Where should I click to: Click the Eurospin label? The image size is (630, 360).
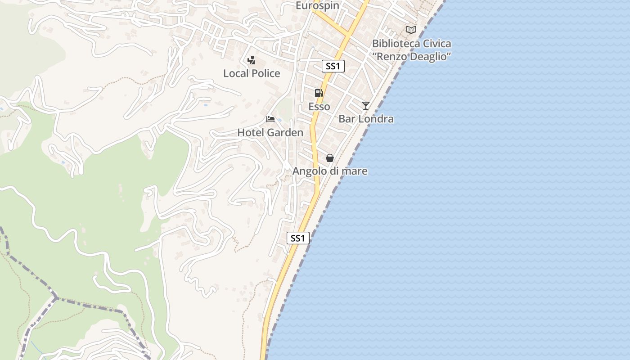pos(317,5)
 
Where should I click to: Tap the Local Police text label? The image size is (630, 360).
pos(252,73)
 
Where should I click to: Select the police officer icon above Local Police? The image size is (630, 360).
pos(252,60)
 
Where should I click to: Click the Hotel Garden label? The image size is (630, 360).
pos(270,133)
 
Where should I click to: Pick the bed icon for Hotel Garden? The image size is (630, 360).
pos(270,119)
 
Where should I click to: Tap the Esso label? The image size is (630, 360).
pos(319,107)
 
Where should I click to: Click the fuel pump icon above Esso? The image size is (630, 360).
pos(319,93)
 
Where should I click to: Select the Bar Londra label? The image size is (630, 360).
pos(366,119)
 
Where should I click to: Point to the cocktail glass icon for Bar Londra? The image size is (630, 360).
pos(366,106)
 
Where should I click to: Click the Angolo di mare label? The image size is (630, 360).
pos(330,171)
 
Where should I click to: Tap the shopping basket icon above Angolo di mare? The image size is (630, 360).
pos(330,158)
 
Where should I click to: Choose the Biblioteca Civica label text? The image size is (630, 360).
pos(411,44)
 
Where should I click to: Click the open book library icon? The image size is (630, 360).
pos(411,30)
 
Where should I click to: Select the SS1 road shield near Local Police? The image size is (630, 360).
pos(333,66)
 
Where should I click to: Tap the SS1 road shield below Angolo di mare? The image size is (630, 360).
pos(298,238)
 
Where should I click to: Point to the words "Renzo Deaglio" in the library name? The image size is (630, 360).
pos(411,56)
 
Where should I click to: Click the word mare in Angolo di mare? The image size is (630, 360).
pos(355,171)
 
